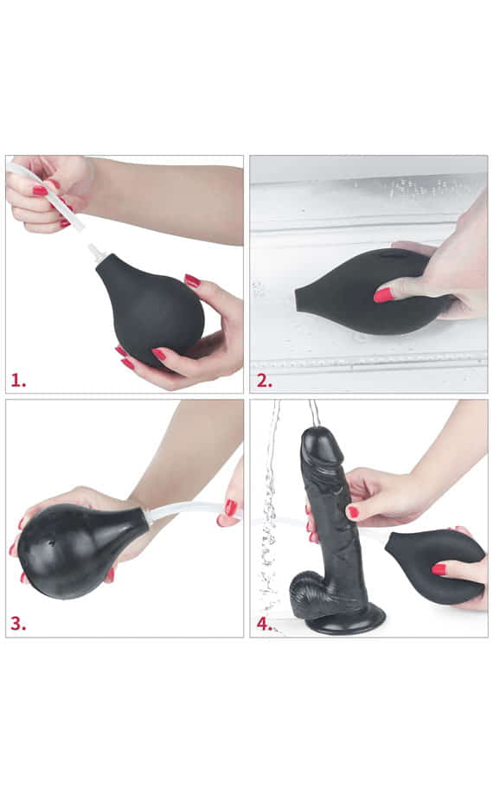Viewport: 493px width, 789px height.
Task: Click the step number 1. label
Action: [18, 381]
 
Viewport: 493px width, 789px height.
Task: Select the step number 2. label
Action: [265, 381]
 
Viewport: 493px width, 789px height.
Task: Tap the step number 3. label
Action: [18, 624]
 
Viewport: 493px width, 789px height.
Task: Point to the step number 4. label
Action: [265, 624]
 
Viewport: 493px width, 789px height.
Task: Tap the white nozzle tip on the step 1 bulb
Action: [94, 251]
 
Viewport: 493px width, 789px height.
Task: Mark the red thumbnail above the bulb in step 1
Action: [192, 280]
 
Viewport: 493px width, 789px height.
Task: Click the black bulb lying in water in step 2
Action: [368, 292]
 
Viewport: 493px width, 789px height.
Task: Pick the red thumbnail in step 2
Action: [382, 295]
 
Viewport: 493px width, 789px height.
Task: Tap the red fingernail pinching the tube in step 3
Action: [230, 508]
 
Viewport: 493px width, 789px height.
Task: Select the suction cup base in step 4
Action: [347, 620]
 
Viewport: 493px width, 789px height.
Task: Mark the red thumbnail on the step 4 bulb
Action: [439, 569]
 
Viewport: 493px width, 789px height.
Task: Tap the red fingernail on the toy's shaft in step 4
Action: [353, 512]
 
